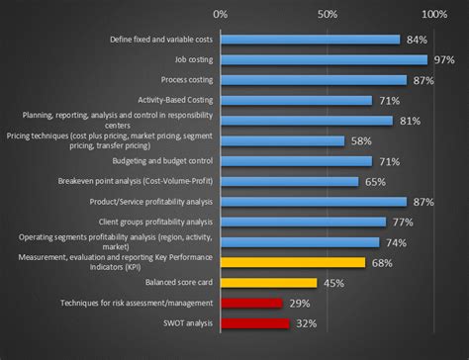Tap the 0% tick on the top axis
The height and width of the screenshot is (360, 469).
point(221,15)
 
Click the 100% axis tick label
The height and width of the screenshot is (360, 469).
point(433,15)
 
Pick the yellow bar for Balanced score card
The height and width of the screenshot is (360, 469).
point(268,283)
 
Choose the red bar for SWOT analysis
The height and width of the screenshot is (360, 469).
point(254,323)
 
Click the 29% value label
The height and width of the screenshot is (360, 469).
point(300,304)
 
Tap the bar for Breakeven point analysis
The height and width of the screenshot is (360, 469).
point(290,182)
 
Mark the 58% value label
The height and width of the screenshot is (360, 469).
point(361,141)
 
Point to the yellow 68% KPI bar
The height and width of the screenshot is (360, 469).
point(293,262)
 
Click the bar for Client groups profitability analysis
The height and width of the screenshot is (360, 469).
point(303,222)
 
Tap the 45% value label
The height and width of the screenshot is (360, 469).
point(333,283)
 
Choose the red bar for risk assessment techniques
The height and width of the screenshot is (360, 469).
point(251,303)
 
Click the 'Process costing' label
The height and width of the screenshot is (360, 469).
point(186,80)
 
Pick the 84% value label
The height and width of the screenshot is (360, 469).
point(417,40)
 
